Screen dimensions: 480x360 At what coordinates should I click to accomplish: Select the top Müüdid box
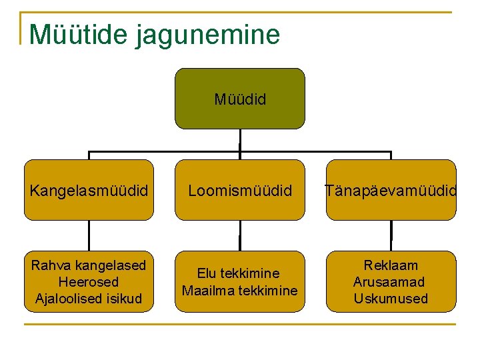point(240,99)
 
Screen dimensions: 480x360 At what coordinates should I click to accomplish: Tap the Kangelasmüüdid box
point(89,191)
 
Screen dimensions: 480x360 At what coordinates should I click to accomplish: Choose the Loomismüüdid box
point(240,191)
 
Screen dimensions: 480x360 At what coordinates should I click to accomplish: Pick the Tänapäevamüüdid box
point(391,191)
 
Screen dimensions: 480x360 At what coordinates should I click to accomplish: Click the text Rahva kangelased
point(89,265)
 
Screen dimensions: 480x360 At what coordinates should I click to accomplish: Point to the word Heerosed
point(89,282)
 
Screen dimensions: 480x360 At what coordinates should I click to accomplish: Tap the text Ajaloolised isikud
point(89,299)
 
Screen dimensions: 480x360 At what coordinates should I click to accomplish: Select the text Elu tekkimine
point(240,273)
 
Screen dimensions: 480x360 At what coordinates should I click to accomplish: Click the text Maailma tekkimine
point(240,291)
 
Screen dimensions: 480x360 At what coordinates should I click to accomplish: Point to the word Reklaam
point(391,265)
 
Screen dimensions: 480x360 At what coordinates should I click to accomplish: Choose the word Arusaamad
point(391,282)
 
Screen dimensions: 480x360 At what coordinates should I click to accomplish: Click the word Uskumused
point(391,299)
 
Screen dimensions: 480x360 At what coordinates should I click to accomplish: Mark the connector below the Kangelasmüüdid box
point(89,235)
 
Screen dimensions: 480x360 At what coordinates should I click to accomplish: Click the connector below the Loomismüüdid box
point(240,235)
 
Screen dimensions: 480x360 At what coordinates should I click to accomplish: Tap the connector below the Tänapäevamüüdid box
point(391,235)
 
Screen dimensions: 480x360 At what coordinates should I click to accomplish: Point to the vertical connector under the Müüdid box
point(240,139)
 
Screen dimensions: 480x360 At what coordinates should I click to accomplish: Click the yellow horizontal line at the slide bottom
point(240,325)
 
